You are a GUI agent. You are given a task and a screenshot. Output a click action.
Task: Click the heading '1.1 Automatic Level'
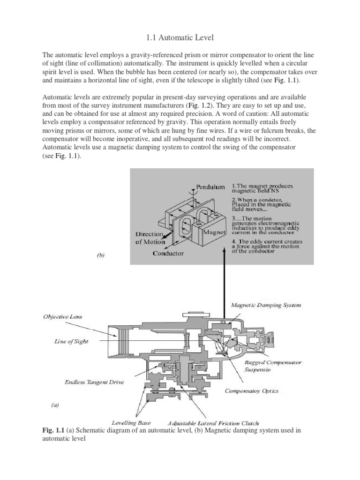180,37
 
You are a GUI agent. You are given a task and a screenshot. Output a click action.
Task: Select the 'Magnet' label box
215,232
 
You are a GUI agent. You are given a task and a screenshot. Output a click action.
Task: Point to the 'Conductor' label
168,253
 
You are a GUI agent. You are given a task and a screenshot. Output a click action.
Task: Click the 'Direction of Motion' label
150,238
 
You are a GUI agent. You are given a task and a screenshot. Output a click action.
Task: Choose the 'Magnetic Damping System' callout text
266,305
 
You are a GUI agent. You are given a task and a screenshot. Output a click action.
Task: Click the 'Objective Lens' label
63,316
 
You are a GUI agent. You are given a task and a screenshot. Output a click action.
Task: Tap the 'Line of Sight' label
71,341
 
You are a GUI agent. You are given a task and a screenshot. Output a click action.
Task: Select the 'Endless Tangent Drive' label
94,382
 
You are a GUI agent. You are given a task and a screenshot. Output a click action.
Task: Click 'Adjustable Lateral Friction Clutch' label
213,423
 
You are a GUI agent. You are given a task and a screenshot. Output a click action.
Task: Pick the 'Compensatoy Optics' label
251,390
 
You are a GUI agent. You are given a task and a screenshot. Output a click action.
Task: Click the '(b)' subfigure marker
100,255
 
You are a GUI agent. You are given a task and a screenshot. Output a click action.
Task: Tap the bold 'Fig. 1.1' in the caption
51,430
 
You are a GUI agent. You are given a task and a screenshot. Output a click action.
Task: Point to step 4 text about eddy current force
267,246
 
